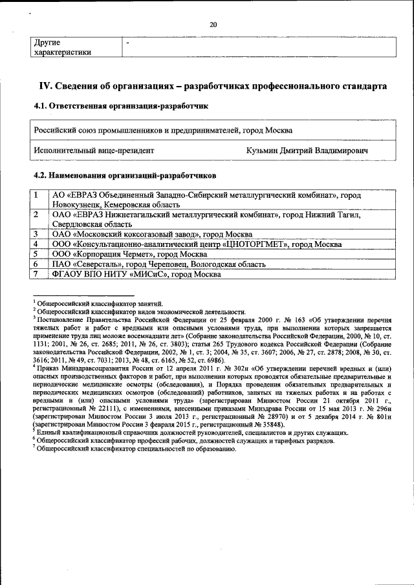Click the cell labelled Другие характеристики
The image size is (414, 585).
[62, 47]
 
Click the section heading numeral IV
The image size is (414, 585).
[45, 85]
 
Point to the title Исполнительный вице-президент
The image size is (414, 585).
[94, 151]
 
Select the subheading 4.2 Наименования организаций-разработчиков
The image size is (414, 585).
[124, 175]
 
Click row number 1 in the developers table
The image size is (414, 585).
[38, 195]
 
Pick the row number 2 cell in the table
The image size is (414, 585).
[38, 214]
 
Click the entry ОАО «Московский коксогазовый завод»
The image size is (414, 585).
[151, 233]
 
